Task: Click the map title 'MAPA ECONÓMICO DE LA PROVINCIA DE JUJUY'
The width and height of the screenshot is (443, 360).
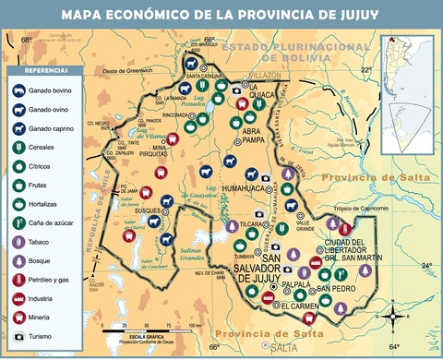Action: click(221, 15)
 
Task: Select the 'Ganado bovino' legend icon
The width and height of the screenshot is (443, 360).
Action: click(19, 91)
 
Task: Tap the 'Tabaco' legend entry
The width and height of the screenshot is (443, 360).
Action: click(19, 242)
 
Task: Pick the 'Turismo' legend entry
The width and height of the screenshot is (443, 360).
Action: click(19, 336)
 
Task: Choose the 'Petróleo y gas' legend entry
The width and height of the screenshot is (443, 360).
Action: click(19, 280)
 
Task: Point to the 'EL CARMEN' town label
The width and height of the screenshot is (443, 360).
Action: click(300, 305)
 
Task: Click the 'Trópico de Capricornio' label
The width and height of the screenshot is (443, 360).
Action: click(363, 208)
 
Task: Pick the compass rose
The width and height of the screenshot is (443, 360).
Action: click(395, 316)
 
